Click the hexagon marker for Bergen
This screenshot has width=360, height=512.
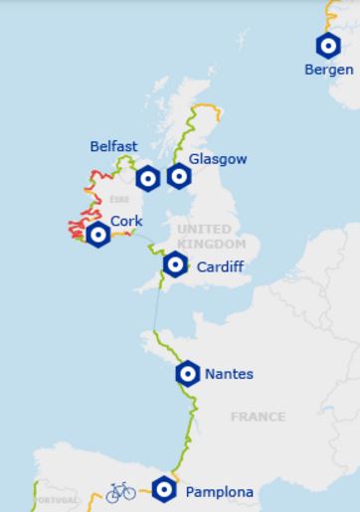pos(327,46)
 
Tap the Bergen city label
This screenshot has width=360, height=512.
pos(329,70)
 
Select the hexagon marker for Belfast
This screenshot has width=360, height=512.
pos(147,178)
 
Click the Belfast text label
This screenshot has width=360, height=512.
pos(113,146)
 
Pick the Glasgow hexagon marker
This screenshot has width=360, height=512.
pos(179,176)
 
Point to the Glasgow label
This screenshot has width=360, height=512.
pos(218,159)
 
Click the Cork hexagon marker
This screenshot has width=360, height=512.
pos(98,235)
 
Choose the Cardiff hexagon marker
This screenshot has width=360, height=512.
pos(176,264)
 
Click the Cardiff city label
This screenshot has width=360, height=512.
pos(220,266)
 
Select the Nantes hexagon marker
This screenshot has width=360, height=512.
pos(187,374)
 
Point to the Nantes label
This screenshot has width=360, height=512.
pos(229,375)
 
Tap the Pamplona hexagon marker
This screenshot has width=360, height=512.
pos(165,489)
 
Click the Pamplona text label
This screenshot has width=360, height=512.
pos(219,491)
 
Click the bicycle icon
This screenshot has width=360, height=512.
pos(120,491)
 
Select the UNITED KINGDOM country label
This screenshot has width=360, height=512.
pos(210,237)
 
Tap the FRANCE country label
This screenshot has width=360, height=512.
pos(258,417)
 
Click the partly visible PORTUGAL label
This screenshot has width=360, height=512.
pos(56,500)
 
